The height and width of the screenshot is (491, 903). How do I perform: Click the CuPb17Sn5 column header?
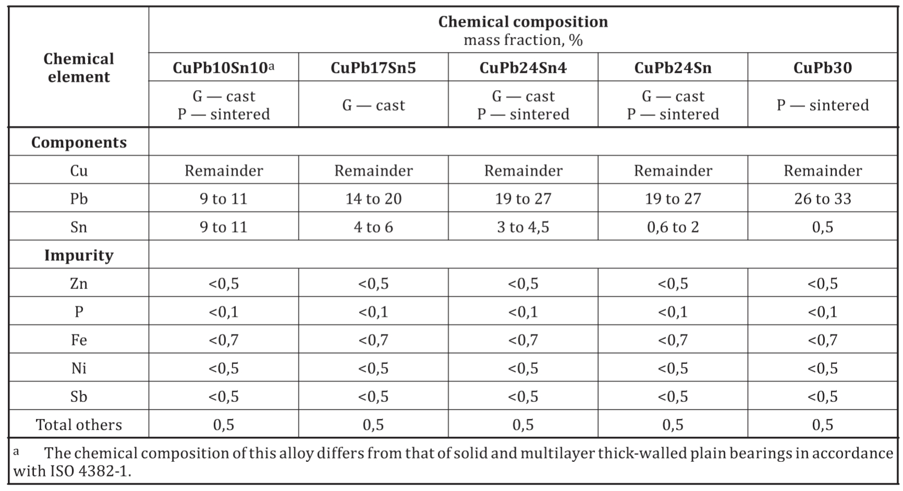(x=373, y=68)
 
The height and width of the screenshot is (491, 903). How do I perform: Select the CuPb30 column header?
(x=822, y=68)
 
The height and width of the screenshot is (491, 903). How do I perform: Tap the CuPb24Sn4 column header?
(x=523, y=68)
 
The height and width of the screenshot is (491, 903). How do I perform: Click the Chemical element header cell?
(x=79, y=68)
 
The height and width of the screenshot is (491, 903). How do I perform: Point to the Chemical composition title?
(x=523, y=22)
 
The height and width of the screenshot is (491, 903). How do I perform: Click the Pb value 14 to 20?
(x=373, y=198)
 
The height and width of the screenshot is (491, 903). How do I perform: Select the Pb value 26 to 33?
(x=822, y=198)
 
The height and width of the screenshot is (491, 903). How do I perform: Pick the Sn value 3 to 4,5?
(x=523, y=227)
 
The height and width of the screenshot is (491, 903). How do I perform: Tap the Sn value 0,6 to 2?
(x=673, y=227)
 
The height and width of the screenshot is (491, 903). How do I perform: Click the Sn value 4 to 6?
(x=373, y=227)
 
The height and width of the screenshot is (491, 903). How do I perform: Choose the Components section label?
(x=79, y=143)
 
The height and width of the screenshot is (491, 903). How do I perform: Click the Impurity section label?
(x=79, y=255)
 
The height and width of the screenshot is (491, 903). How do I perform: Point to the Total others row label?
(x=79, y=425)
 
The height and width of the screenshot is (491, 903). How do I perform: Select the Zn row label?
(x=79, y=283)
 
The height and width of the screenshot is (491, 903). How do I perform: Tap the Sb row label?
(x=79, y=397)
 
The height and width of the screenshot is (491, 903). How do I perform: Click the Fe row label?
(x=79, y=340)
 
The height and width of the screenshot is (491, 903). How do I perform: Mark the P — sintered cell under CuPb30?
(x=822, y=105)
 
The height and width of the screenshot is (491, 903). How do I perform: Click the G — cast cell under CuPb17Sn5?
(x=373, y=105)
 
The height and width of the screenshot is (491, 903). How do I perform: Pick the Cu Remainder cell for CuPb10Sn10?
(x=224, y=171)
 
